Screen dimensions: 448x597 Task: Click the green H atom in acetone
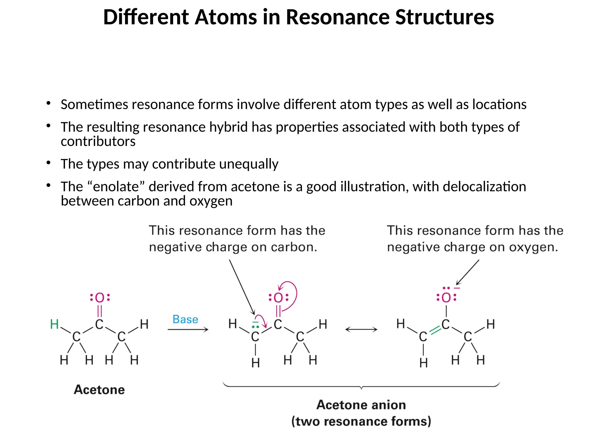(55, 324)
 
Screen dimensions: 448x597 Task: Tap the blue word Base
(185, 319)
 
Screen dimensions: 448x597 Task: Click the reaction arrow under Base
(188, 330)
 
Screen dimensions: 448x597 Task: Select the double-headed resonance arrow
(361, 330)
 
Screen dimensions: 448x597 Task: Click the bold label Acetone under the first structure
(99, 390)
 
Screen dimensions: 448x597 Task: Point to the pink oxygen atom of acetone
(100, 298)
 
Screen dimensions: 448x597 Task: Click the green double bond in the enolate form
(435, 330)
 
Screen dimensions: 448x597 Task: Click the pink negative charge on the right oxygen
(457, 288)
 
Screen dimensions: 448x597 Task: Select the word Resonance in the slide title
(338, 17)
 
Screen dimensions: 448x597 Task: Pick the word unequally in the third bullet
(249, 164)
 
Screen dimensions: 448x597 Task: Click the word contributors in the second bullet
(98, 141)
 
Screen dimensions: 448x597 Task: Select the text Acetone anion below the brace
(361, 405)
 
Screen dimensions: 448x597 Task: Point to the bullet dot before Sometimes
(48, 103)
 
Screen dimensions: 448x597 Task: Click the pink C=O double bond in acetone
(100, 311)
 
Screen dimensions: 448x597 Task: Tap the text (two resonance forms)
(361, 421)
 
